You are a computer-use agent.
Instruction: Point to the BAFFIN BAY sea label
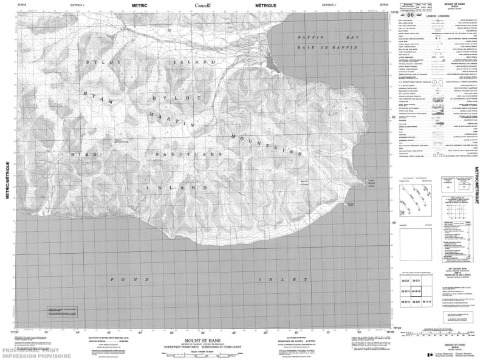pyautogui.click(x=325, y=38)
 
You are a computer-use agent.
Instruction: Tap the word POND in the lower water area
pyautogui.click(x=120, y=279)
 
